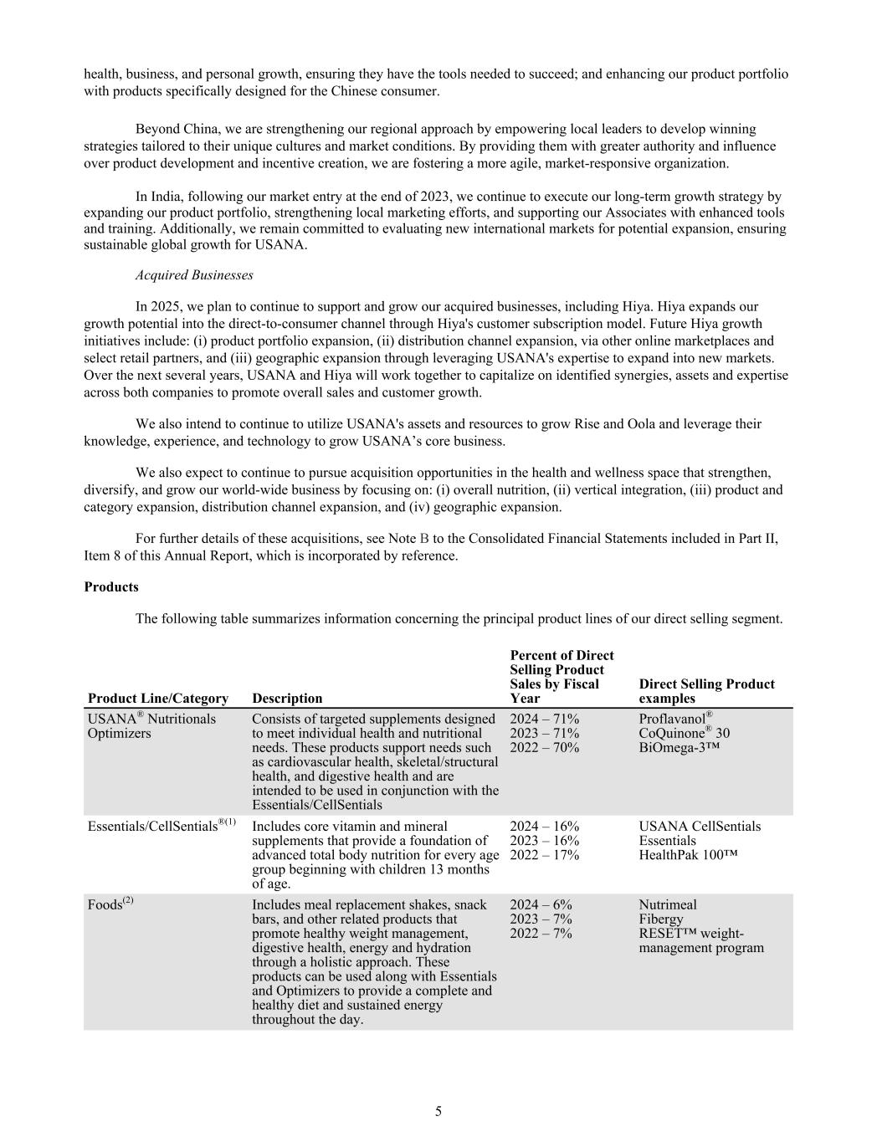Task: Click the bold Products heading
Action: pyautogui.click(x=111, y=587)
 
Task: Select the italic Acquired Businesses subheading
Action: pyautogui.click(x=194, y=275)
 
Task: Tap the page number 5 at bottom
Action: pyautogui.click(x=438, y=1112)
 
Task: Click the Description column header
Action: pyautogui.click(x=287, y=699)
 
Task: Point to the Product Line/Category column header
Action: pyautogui.click(x=158, y=699)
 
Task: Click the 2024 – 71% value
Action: pyautogui.click(x=544, y=719)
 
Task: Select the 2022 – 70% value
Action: pyautogui.click(x=544, y=747)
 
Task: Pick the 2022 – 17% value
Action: pyautogui.click(x=544, y=855)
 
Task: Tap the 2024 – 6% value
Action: pyautogui.click(x=541, y=904)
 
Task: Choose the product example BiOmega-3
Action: pyautogui.click(x=679, y=747)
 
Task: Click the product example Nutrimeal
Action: pyautogui.click(x=667, y=904)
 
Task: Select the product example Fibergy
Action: pyautogui.click(x=660, y=919)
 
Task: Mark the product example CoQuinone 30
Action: pyautogui.click(x=684, y=733)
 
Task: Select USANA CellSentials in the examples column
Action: pyautogui.click(x=700, y=827)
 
